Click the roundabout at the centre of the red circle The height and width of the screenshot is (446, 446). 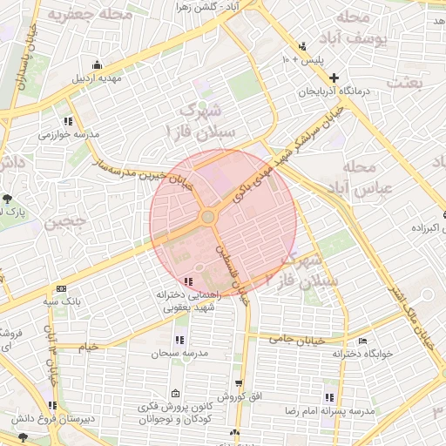pos(209,217)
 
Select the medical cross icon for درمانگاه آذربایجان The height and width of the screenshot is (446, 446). pos(334,78)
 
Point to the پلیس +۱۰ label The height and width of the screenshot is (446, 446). pos(301,59)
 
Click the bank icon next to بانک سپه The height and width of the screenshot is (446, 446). pos(61,288)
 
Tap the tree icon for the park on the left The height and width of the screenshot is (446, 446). pos(7,199)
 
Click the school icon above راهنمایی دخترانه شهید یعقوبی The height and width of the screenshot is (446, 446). pos(189,280)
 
